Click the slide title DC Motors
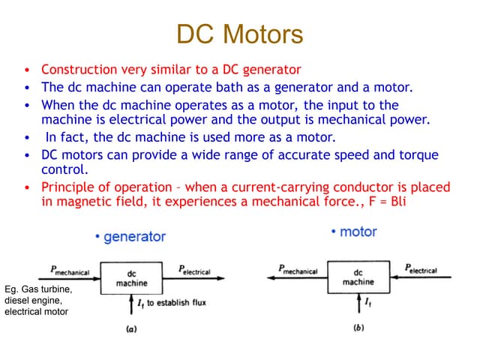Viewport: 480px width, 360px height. [240, 34]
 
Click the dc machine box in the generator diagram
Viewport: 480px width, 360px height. [131, 278]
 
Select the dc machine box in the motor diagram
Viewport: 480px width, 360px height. [358, 277]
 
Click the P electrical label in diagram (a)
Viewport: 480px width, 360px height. [194, 269]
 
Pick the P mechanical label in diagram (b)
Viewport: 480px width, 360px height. [298, 269]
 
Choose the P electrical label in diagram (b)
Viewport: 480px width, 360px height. [421, 268]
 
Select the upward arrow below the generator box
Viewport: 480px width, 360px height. [131, 304]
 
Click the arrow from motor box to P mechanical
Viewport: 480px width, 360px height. [300, 277]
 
